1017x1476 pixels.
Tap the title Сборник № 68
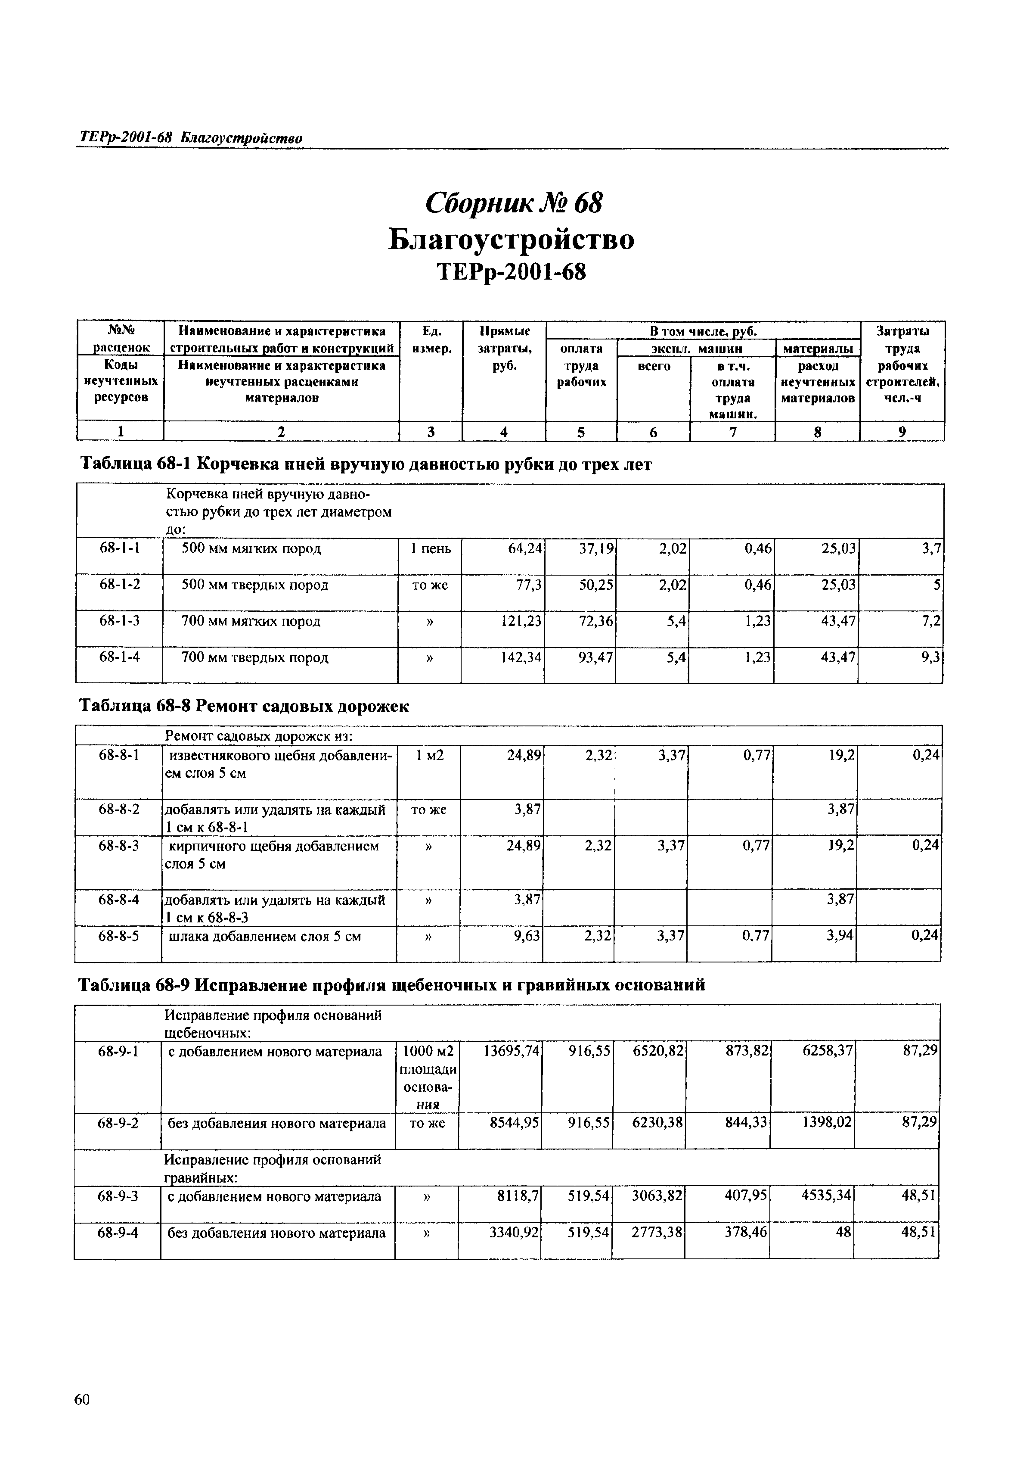(x=513, y=203)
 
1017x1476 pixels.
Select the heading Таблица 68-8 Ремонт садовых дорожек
(x=243, y=707)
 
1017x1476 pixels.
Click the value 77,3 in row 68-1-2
(x=529, y=585)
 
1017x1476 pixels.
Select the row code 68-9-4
(x=118, y=1233)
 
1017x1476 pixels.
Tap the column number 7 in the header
(x=733, y=432)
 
